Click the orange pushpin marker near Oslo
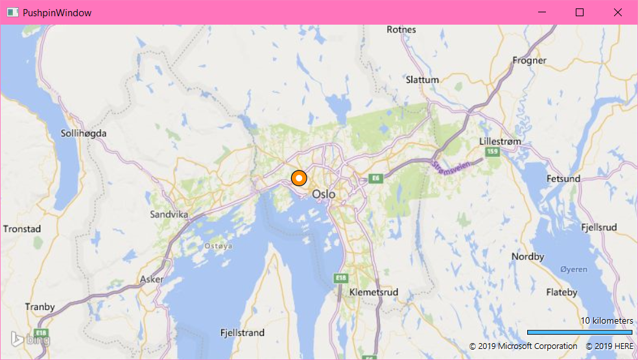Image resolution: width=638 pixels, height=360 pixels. (x=299, y=178)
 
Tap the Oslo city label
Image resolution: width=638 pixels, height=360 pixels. (x=324, y=194)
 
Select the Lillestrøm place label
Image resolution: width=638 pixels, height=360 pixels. (x=501, y=141)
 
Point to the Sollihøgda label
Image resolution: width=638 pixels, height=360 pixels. (x=83, y=133)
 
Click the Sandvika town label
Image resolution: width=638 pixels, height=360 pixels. (x=169, y=214)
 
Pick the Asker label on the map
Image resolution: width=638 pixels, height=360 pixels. (x=152, y=280)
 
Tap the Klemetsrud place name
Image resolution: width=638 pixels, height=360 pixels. (x=373, y=293)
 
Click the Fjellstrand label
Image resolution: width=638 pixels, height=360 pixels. (x=242, y=333)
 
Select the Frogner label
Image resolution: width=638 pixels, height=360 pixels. (x=529, y=60)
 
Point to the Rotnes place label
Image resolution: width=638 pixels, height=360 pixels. (x=401, y=29)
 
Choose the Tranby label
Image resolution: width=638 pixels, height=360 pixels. (x=40, y=307)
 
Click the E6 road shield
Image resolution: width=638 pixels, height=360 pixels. (x=374, y=178)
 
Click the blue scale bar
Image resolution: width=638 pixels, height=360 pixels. (x=580, y=332)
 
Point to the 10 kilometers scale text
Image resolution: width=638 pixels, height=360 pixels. (x=606, y=320)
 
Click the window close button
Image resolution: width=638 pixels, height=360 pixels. (x=618, y=12)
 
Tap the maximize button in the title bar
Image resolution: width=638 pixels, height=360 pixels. (x=580, y=12)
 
